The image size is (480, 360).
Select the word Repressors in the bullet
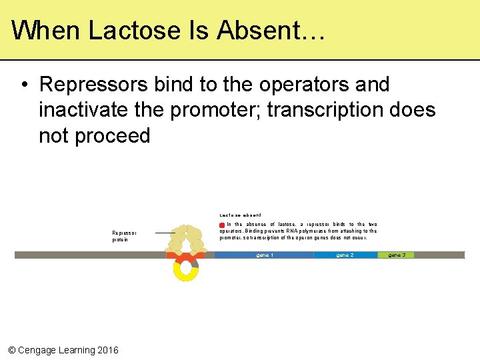[x=94, y=85]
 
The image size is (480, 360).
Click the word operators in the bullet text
[x=297, y=85]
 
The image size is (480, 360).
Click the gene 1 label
[x=265, y=255]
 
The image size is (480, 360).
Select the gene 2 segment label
[x=345, y=255]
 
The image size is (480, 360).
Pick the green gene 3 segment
[x=396, y=255]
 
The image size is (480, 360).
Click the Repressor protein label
[x=124, y=237]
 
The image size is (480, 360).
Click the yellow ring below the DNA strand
[x=185, y=270]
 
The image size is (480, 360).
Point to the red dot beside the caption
[x=222, y=225]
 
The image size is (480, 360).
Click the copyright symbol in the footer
[x=11, y=350]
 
